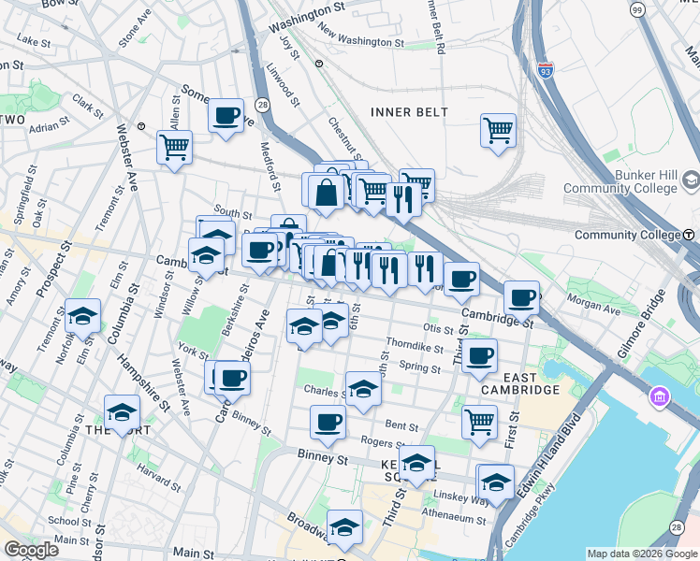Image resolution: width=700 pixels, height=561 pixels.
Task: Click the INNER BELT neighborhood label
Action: (409, 112)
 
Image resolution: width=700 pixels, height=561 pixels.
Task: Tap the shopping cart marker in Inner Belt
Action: (498, 130)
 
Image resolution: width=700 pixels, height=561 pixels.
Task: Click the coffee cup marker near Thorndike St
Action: (479, 354)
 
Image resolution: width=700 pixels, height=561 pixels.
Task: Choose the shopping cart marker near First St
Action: (479, 421)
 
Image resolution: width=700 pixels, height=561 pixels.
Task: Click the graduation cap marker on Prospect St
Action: (82, 315)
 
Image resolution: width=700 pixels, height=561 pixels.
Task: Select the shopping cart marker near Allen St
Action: (174, 147)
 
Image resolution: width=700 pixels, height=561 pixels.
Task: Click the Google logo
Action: (32, 550)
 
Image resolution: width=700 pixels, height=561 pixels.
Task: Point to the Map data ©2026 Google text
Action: (641, 554)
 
